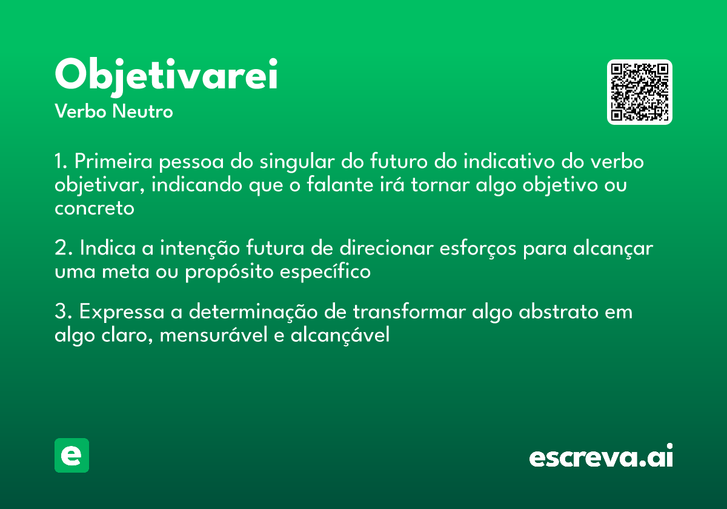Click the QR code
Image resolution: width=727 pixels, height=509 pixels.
coord(639,92)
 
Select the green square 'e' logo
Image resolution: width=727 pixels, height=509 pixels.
coord(71,455)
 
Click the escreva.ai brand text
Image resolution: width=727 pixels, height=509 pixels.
coord(600,457)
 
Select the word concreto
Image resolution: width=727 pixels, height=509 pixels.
coord(94,208)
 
